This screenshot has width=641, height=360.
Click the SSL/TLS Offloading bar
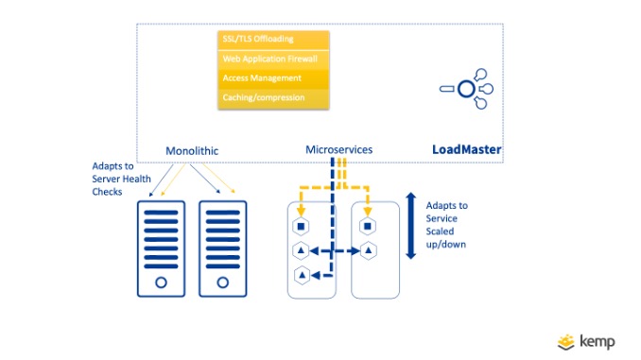point(273,39)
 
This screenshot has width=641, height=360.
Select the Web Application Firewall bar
point(273,59)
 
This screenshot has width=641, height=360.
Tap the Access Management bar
point(273,78)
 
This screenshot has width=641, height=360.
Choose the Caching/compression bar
point(273,98)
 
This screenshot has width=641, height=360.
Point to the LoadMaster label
point(466,150)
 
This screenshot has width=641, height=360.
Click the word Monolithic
point(194,150)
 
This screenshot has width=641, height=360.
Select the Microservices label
point(338,149)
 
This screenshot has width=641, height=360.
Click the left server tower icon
point(162,248)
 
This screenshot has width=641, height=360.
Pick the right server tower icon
point(223,248)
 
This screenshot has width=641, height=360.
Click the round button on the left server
point(162,283)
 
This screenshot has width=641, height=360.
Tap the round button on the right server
point(223,283)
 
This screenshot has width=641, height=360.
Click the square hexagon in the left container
point(301,226)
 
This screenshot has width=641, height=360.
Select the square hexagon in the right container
point(368,226)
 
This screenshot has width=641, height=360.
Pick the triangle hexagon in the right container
point(368,251)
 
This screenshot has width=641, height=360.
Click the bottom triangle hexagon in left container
point(301,276)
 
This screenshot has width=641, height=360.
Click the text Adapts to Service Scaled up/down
point(447,225)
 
